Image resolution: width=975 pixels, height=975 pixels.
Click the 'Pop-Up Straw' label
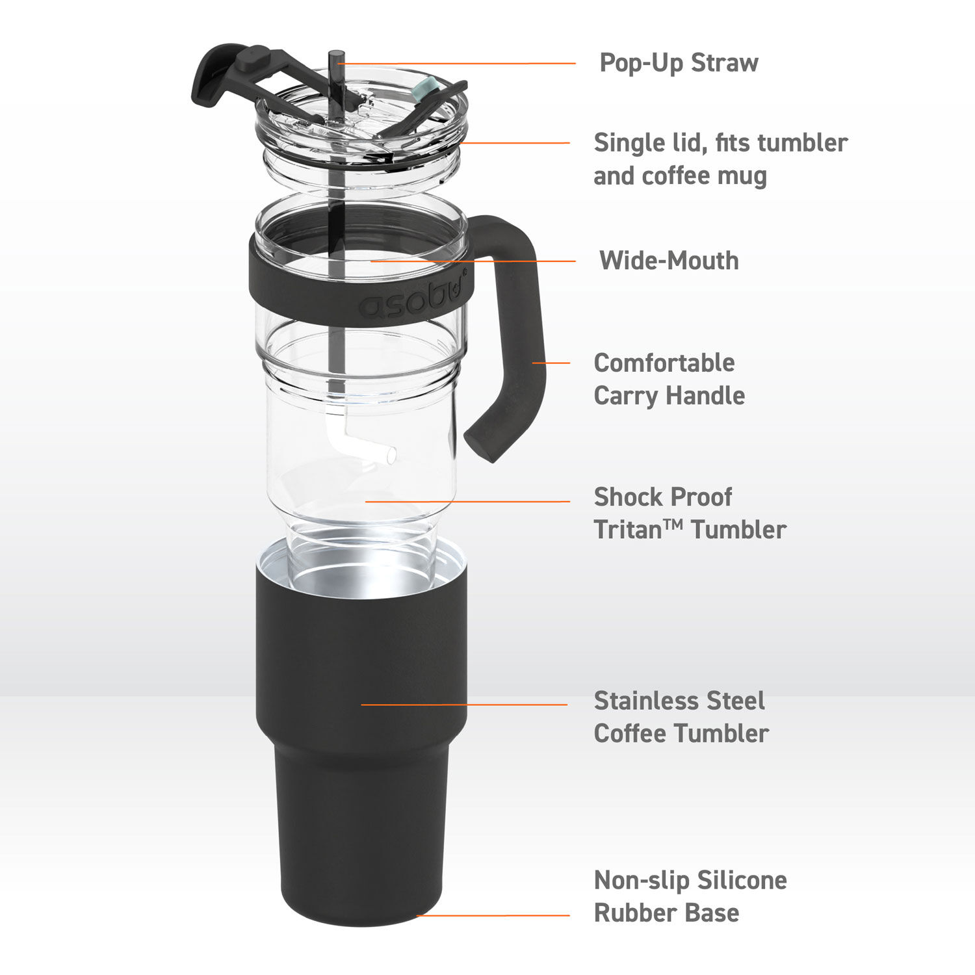(x=678, y=63)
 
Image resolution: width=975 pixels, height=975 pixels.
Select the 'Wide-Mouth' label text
(x=668, y=261)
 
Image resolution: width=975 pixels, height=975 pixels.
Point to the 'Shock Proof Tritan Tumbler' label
(x=689, y=513)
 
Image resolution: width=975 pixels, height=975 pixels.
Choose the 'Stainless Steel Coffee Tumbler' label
(x=681, y=717)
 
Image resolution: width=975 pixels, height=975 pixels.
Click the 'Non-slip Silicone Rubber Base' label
(x=690, y=896)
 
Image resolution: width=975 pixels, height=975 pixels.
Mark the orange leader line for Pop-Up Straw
(x=455, y=64)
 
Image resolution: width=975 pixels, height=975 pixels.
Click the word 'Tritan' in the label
(x=628, y=530)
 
